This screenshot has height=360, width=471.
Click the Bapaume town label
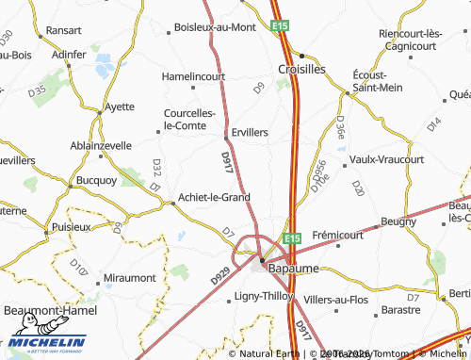pos(294,269)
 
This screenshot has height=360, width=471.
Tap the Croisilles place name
pos(301,69)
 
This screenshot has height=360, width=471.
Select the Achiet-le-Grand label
pos(214,198)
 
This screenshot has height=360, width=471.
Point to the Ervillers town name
pos(250,133)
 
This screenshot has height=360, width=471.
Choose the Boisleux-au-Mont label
pos(216,27)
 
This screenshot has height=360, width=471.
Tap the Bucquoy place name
pos(95,178)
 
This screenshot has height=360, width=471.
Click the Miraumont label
pos(128,279)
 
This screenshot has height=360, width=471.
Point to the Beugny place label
pos(398,221)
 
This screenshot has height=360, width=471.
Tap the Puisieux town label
pos(72,227)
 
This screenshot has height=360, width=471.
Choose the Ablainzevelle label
pos(101,146)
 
